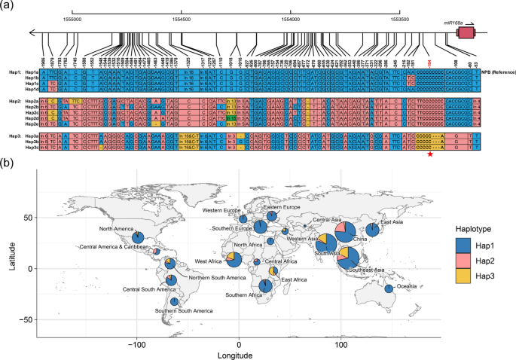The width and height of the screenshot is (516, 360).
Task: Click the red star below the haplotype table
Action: coord(430,154)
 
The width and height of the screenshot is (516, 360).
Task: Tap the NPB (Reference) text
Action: coord(493,71)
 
